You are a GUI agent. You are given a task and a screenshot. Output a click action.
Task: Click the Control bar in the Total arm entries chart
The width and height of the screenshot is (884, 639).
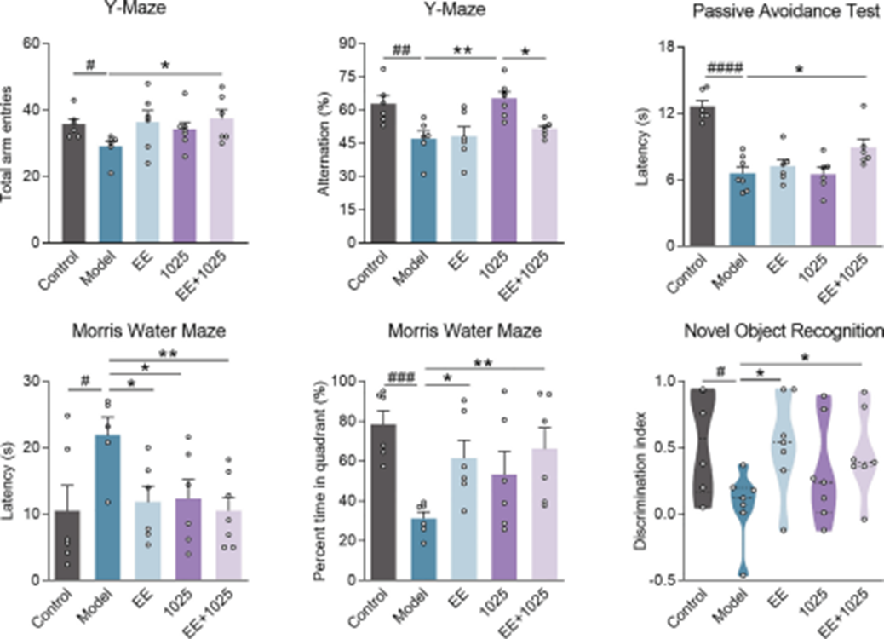pyautogui.click(x=73, y=183)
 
